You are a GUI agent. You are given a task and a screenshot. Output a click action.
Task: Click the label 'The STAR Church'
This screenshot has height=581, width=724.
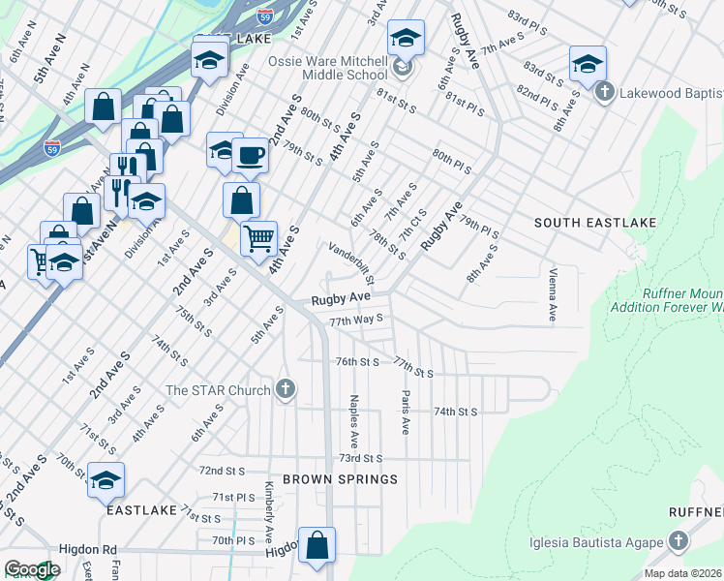[219, 390]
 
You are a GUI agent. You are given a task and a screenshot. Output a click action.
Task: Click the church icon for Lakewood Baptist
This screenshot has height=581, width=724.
[605, 92]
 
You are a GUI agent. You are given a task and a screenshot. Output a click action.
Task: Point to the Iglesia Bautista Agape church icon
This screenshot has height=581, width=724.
[679, 541]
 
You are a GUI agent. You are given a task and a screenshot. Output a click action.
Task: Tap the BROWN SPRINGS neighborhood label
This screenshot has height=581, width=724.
[326, 479]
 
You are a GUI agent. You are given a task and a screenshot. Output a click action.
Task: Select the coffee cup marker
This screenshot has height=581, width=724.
[250, 155]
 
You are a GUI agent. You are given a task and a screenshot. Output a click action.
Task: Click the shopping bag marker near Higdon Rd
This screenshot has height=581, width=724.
[317, 546]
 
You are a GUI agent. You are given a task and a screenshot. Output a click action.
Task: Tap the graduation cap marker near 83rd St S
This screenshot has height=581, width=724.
[588, 65]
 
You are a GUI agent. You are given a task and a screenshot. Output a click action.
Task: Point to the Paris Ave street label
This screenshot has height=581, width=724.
[404, 413]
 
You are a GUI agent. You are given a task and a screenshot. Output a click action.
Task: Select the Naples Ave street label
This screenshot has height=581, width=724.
[355, 419]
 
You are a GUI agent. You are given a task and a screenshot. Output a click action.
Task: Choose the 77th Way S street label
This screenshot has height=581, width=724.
[357, 318]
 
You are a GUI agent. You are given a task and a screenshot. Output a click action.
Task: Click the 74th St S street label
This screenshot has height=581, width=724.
[455, 412]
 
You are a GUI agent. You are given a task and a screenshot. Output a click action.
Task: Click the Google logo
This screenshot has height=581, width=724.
[32, 569]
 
